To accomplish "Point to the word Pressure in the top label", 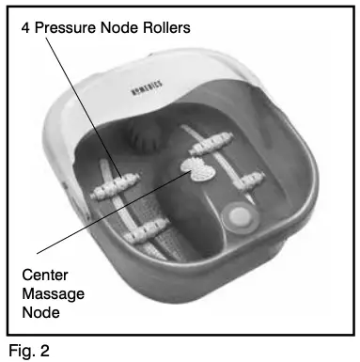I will (x=67, y=28).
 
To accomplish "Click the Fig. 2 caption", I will (x=24, y=350).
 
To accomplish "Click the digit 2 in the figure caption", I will (x=40, y=350).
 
